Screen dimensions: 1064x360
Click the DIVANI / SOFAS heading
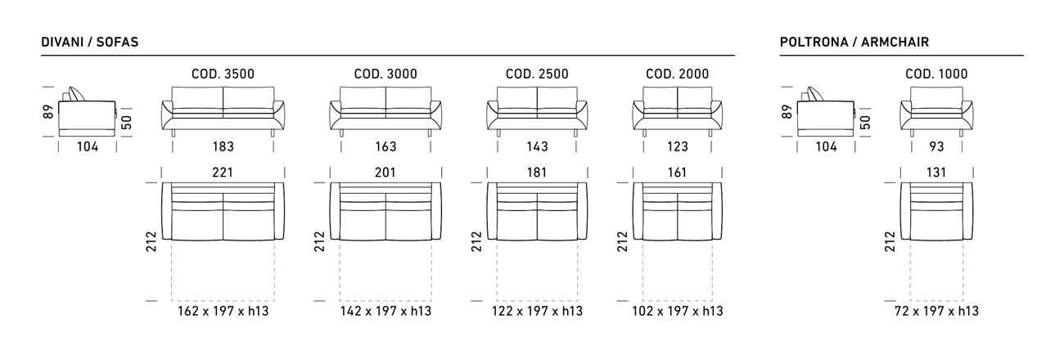coord(90,43)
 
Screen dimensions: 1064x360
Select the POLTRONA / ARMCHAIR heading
coord(854,43)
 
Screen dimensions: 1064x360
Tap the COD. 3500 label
coord(223,74)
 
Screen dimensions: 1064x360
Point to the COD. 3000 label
coord(385,74)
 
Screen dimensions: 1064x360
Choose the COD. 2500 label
coord(537,74)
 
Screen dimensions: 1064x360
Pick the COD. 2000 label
coord(678,74)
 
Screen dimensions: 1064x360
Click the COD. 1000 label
coord(936,74)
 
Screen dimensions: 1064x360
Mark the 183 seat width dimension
coord(223,146)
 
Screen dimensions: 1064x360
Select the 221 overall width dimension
coord(223,173)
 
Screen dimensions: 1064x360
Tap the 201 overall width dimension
coord(385,173)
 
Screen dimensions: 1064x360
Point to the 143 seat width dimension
coord(537,146)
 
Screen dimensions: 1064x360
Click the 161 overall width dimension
coord(678,173)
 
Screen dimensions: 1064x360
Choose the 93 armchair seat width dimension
coord(936,146)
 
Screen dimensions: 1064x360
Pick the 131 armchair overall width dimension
coord(936,173)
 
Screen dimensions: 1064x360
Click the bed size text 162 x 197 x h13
coord(223,311)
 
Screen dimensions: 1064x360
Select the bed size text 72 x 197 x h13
coord(936,311)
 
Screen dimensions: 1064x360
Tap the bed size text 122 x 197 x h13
coord(537,311)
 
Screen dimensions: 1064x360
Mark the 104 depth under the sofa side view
coord(88,146)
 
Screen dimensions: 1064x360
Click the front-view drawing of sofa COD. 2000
coord(678,111)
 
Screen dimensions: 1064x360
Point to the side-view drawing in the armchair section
coord(826,112)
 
